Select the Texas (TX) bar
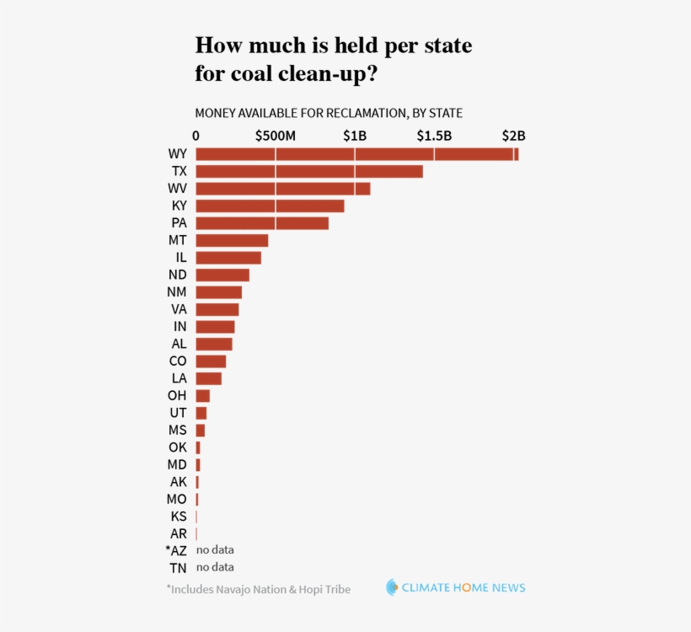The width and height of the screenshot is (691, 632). point(308,171)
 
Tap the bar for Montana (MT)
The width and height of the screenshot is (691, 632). point(232,240)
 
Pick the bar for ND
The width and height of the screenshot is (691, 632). point(222,275)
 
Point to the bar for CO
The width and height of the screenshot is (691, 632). point(211,362)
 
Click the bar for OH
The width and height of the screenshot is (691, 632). point(202,396)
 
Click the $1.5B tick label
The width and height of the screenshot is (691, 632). point(434,136)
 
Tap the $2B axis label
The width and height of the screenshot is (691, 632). point(513,136)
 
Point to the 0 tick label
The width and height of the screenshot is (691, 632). point(196,136)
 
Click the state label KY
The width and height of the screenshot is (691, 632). point(179,206)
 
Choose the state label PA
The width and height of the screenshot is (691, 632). point(179,223)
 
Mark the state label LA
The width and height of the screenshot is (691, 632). point(179,379)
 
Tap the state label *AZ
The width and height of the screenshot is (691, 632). point(176,550)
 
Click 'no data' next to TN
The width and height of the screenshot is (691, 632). point(215,567)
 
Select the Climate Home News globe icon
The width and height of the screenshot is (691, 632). point(392,587)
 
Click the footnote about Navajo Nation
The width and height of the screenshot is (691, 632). point(258,589)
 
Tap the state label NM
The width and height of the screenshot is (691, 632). point(177,292)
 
